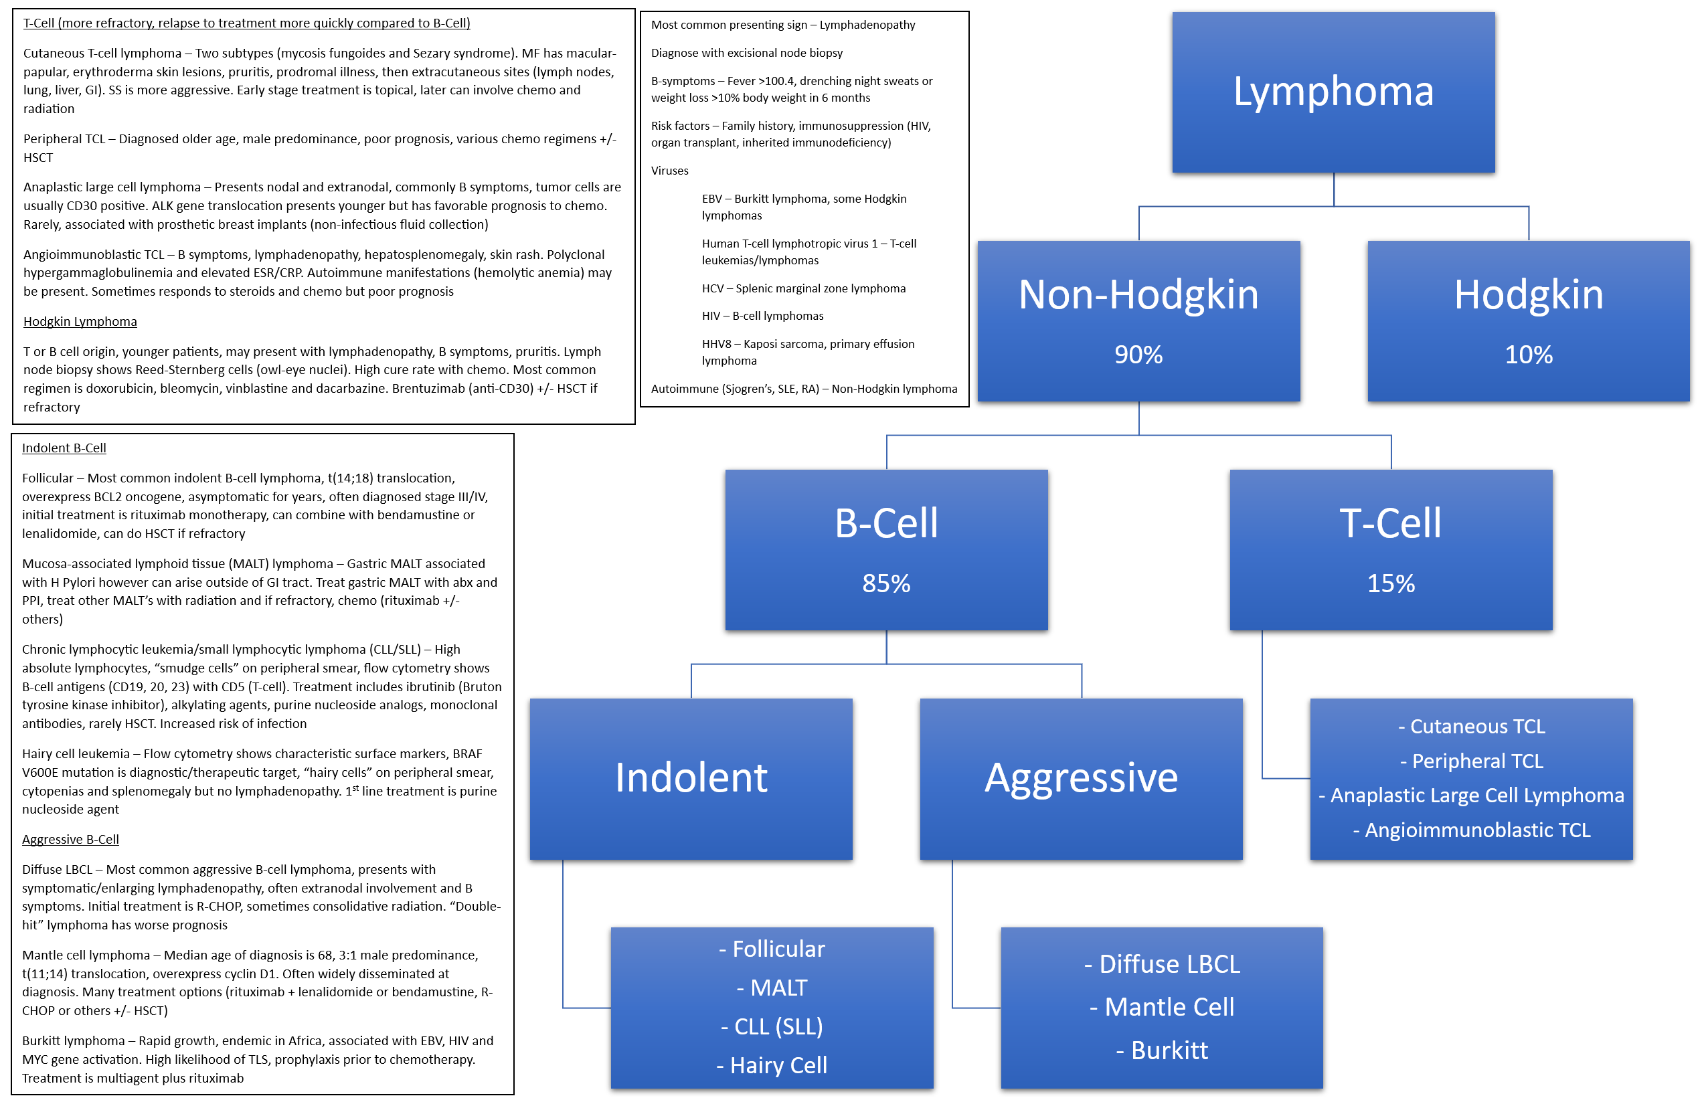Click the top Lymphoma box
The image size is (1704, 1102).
point(1333,92)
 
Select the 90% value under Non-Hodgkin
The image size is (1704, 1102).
point(1138,354)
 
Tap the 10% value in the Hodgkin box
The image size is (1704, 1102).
point(1528,354)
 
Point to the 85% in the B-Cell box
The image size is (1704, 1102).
point(886,583)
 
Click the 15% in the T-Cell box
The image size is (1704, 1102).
point(1391,583)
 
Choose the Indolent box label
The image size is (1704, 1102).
point(691,778)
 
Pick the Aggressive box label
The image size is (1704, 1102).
point(1081,778)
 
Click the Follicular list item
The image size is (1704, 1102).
point(772,949)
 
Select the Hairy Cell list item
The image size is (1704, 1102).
point(772,1065)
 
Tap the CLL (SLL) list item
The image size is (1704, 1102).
point(772,1027)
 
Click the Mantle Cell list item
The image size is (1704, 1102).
point(1161,1007)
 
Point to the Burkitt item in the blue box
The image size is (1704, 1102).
point(1161,1050)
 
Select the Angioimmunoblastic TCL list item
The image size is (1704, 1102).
point(1470,830)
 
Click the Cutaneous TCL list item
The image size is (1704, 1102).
point(1470,727)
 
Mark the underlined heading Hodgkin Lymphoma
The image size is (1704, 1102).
point(80,321)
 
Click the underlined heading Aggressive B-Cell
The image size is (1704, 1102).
point(70,840)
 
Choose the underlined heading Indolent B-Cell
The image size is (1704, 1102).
point(64,448)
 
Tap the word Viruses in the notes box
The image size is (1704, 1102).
point(669,171)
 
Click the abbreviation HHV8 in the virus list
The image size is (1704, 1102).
point(715,344)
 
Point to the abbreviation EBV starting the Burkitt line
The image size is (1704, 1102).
point(711,199)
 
